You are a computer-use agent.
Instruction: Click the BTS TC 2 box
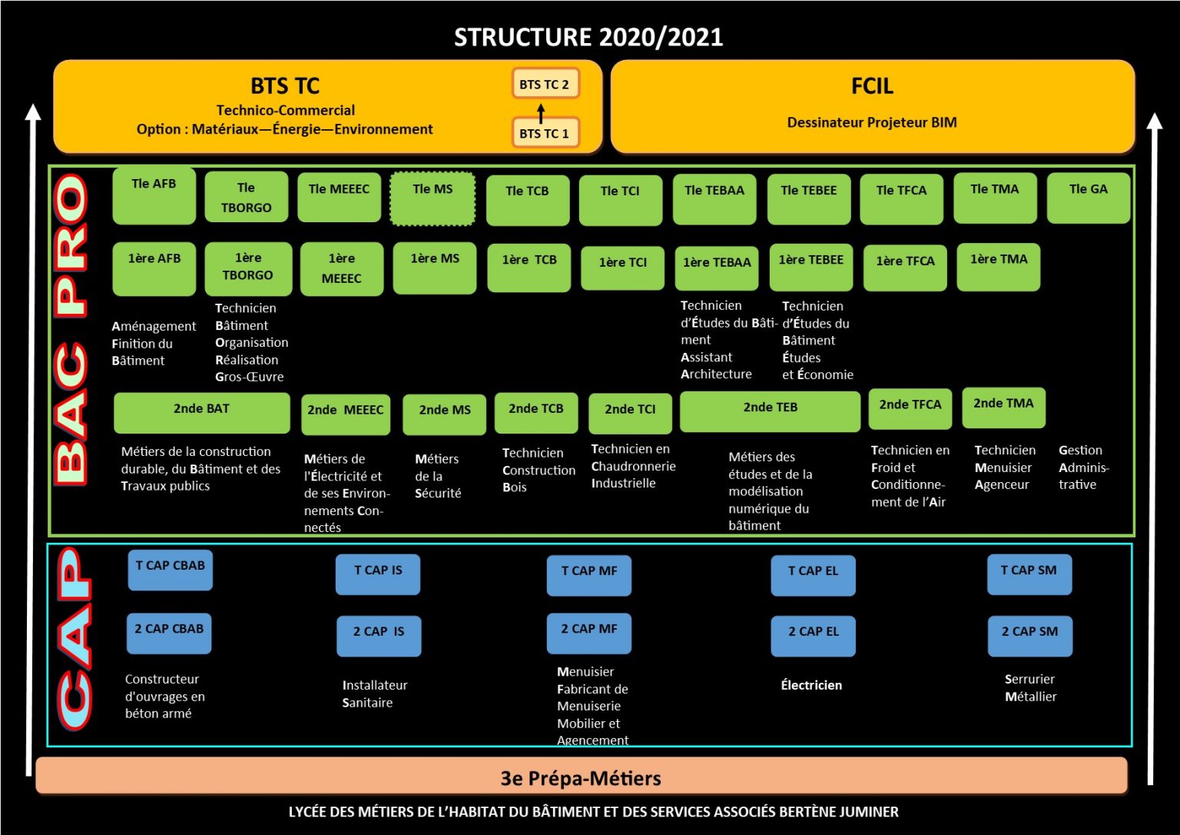coord(545,84)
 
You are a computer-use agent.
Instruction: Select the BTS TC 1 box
coord(545,133)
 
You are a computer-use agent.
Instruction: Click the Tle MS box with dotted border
coord(433,198)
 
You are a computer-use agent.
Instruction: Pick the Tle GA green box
coord(1088,198)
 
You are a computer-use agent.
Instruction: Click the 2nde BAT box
coord(201,412)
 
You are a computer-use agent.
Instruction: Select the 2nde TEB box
coord(770,411)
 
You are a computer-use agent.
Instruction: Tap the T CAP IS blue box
coord(378,574)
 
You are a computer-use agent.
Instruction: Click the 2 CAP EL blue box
coord(813,636)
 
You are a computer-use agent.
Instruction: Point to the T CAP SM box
coord(1029,574)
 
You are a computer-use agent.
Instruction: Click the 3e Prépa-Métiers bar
coord(581,777)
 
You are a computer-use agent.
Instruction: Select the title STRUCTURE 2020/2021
coord(588,37)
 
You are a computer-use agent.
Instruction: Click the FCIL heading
coord(872,86)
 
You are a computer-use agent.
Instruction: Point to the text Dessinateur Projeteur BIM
coord(872,122)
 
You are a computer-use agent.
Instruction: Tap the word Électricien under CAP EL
coord(811,685)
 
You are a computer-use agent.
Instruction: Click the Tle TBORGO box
coord(246,198)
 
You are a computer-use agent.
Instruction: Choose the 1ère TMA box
coord(998,266)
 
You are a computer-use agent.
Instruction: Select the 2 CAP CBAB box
coord(169,633)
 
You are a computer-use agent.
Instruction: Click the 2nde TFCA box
coord(910,408)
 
